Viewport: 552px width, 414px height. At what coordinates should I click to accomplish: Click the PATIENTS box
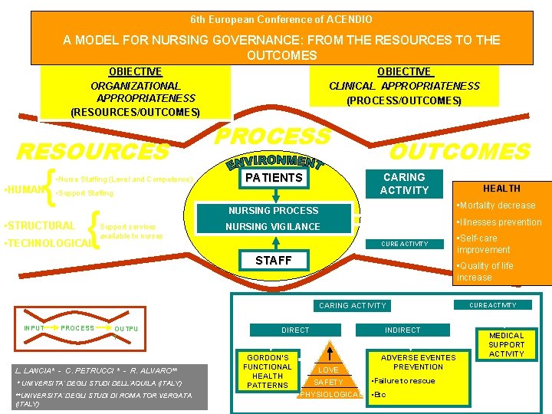[274, 178]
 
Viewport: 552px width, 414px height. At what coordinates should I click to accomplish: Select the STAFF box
[274, 261]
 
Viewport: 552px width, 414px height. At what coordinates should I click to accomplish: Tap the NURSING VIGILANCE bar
[273, 226]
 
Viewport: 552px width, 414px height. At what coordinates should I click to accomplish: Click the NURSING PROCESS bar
[273, 210]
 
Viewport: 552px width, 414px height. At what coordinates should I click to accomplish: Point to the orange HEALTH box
[501, 189]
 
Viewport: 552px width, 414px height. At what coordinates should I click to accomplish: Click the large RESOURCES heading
[93, 151]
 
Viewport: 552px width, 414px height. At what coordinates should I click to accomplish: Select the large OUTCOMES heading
[459, 151]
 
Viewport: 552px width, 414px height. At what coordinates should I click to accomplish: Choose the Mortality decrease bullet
[496, 205]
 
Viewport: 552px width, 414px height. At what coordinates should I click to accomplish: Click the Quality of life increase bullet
[485, 271]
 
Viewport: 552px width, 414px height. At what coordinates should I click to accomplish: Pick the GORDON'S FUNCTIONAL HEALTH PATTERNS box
[268, 371]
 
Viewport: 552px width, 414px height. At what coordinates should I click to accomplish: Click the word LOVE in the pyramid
[328, 370]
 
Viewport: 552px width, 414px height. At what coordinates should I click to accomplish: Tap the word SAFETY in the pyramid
[328, 382]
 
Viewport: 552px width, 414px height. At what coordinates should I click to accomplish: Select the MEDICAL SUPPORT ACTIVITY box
[506, 344]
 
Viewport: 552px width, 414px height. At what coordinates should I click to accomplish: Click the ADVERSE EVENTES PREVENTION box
[418, 362]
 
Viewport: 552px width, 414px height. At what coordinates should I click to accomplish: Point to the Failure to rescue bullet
[403, 381]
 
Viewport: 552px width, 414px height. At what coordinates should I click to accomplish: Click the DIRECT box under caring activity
[295, 330]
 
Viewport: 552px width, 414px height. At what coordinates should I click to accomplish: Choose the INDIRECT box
[402, 330]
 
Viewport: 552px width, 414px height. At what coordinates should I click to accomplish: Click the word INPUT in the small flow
[34, 328]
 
